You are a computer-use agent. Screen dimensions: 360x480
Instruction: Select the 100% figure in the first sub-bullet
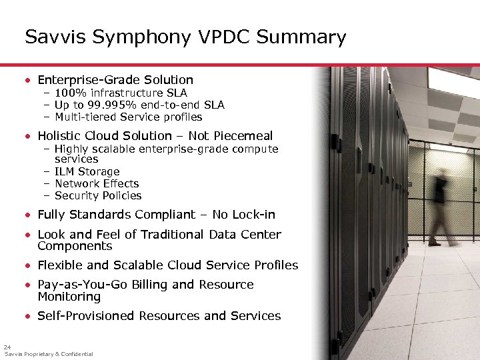pos(67,93)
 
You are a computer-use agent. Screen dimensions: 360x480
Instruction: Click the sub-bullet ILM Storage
pos(87,172)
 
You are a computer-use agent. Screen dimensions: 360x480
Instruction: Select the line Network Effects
pos(96,184)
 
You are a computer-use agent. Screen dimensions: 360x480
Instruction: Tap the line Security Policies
pos(97,196)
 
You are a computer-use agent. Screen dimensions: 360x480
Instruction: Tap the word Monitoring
pos(69,297)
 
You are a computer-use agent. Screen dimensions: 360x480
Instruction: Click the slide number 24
pos(7,347)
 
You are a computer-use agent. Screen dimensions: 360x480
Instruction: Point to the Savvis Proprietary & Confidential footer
pos(49,354)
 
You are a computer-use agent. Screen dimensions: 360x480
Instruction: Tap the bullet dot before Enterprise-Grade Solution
pos(27,80)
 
